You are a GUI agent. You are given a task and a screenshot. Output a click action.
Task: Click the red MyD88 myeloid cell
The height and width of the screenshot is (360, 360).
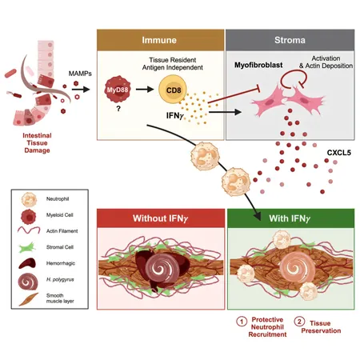(x=118, y=90)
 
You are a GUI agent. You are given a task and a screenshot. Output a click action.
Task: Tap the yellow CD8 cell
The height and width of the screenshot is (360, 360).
(x=173, y=90)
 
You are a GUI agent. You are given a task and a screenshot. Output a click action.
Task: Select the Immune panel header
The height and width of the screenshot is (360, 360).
(x=161, y=40)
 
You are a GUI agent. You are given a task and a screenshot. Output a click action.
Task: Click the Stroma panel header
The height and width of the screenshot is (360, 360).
(x=290, y=40)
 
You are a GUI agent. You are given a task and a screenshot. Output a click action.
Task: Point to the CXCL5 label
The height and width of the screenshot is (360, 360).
(x=339, y=153)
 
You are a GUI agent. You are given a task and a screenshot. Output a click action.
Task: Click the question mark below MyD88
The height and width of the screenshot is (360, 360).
(x=118, y=109)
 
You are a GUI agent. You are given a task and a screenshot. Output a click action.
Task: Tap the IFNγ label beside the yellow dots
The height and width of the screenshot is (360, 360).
(x=175, y=115)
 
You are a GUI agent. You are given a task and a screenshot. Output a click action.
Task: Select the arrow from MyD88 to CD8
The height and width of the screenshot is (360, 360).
(x=145, y=90)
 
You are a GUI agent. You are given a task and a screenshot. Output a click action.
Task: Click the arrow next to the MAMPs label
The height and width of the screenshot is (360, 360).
(x=81, y=90)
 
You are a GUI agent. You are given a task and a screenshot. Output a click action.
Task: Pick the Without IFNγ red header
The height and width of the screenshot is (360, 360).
(x=161, y=218)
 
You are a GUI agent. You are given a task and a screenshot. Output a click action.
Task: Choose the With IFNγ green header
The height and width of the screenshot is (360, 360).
(x=290, y=218)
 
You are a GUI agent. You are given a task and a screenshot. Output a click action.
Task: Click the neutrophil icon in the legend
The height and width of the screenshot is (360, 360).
(x=29, y=200)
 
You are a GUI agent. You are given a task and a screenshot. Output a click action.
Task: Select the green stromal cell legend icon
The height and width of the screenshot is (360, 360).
(x=27, y=248)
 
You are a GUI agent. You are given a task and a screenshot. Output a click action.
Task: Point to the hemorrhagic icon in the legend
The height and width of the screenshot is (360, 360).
(x=27, y=263)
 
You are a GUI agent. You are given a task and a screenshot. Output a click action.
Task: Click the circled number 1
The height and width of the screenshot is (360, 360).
(x=242, y=322)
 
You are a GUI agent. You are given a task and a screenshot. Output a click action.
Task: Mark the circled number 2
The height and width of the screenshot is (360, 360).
(x=299, y=322)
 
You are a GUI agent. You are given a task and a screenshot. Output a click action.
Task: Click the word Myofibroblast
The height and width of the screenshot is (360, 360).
(x=258, y=65)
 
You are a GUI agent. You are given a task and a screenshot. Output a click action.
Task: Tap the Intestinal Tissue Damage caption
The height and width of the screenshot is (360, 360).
(x=37, y=143)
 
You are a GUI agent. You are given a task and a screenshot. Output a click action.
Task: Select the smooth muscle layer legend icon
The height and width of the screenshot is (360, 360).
(x=29, y=299)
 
